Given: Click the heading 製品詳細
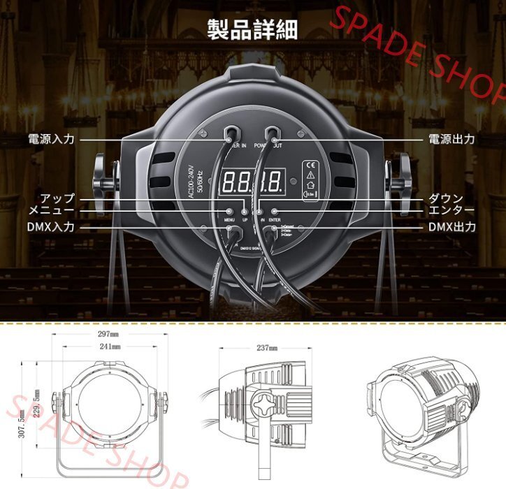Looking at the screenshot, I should click(x=252, y=30).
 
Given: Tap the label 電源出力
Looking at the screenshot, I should click(x=451, y=139).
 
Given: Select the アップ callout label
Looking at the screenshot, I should click(x=57, y=198).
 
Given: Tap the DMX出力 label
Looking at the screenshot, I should click(x=452, y=227).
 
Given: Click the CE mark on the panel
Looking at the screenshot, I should click(x=308, y=166).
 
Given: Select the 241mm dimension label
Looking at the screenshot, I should click(x=109, y=346).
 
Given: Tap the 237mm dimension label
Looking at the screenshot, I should click(x=267, y=347).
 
